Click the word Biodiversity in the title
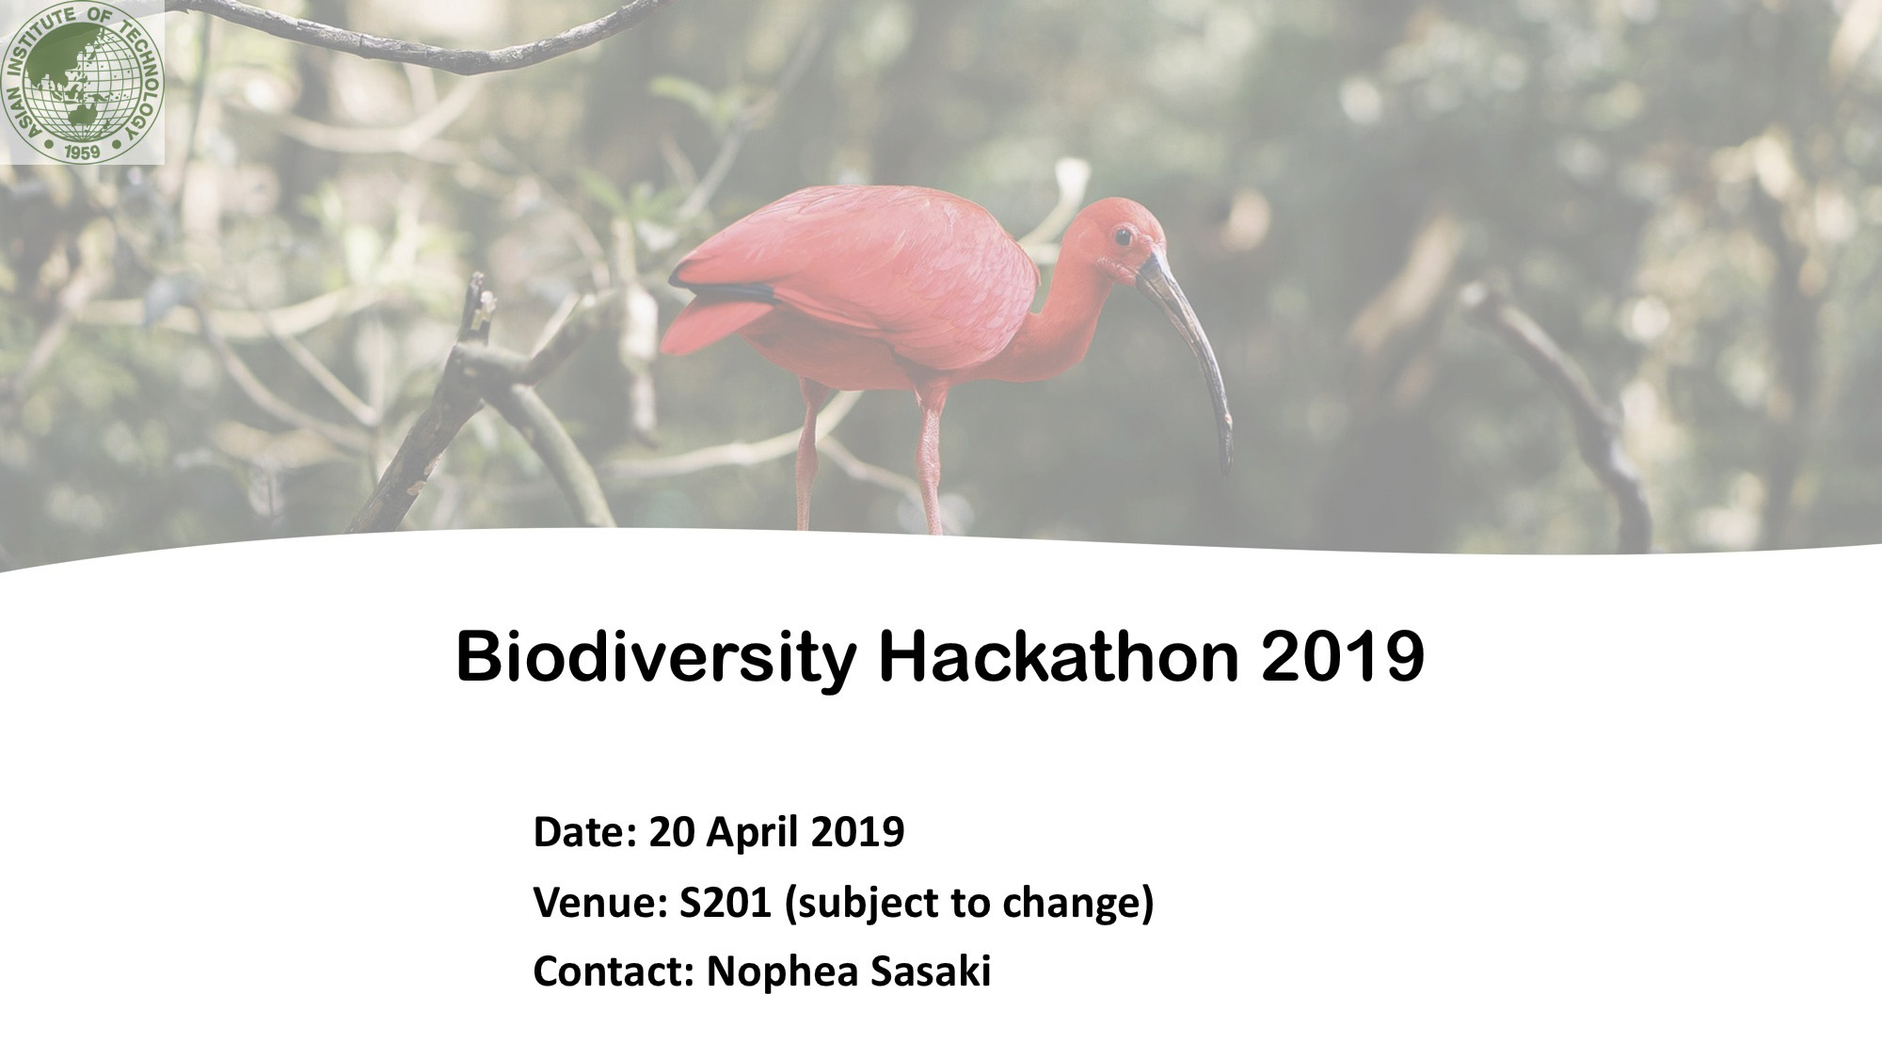tap(655, 660)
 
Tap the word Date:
tap(586, 832)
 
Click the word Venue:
tap(601, 903)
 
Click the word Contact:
tap(614, 972)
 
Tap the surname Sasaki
tap(930, 972)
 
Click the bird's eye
tap(1123, 235)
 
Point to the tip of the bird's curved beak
tap(1226, 469)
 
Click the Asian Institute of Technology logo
tap(83, 82)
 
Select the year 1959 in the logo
tap(84, 149)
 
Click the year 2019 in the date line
tap(856, 832)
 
